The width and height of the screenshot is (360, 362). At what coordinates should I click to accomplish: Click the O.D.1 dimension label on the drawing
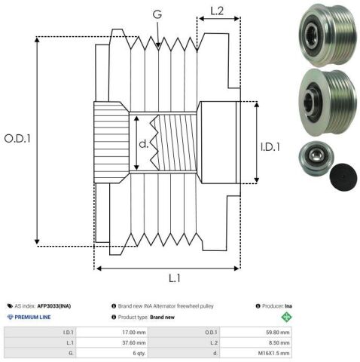(x=17, y=139)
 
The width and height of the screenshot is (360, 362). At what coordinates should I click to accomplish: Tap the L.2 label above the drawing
(x=217, y=11)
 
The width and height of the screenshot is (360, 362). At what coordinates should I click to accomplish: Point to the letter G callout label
(x=157, y=14)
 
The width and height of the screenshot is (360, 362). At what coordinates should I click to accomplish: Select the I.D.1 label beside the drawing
(x=270, y=147)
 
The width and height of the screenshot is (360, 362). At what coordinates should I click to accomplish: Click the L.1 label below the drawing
(x=175, y=278)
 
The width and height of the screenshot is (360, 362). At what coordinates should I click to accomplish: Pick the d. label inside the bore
(x=144, y=143)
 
